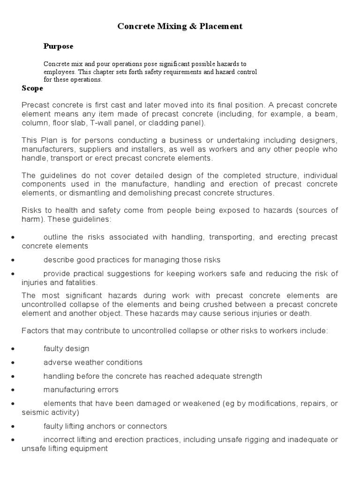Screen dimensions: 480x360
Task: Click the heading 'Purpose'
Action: point(58,46)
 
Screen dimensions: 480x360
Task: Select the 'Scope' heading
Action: point(32,88)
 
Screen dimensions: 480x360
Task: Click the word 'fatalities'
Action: point(80,282)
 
